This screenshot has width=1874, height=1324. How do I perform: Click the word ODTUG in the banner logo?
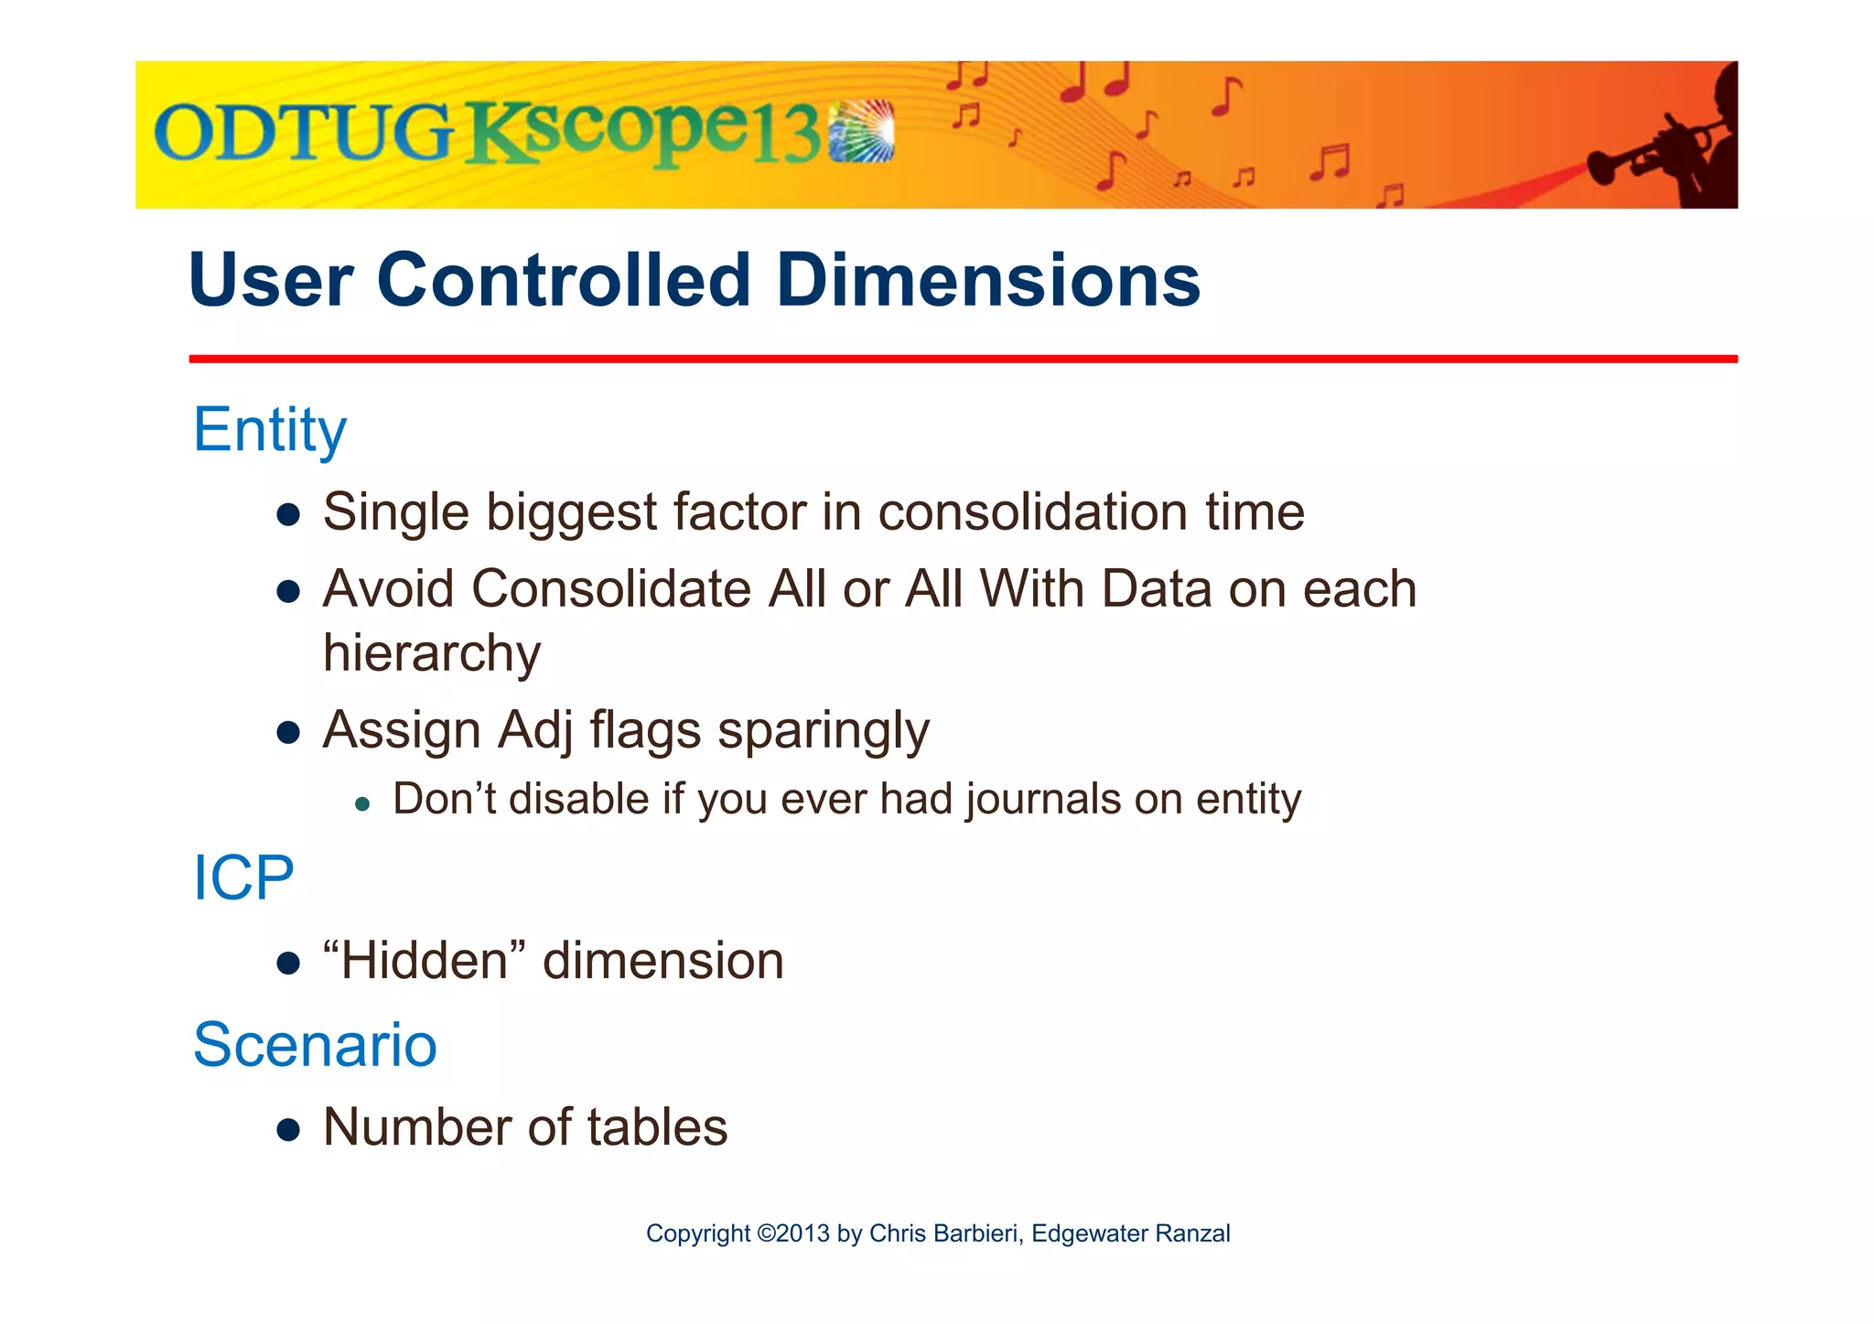point(302,133)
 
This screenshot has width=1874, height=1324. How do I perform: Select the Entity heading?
point(270,430)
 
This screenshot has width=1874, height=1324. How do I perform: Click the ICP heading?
point(243,878)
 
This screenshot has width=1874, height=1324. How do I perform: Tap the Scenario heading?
point(315,1045)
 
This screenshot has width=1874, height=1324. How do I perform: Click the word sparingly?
point(823,731)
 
